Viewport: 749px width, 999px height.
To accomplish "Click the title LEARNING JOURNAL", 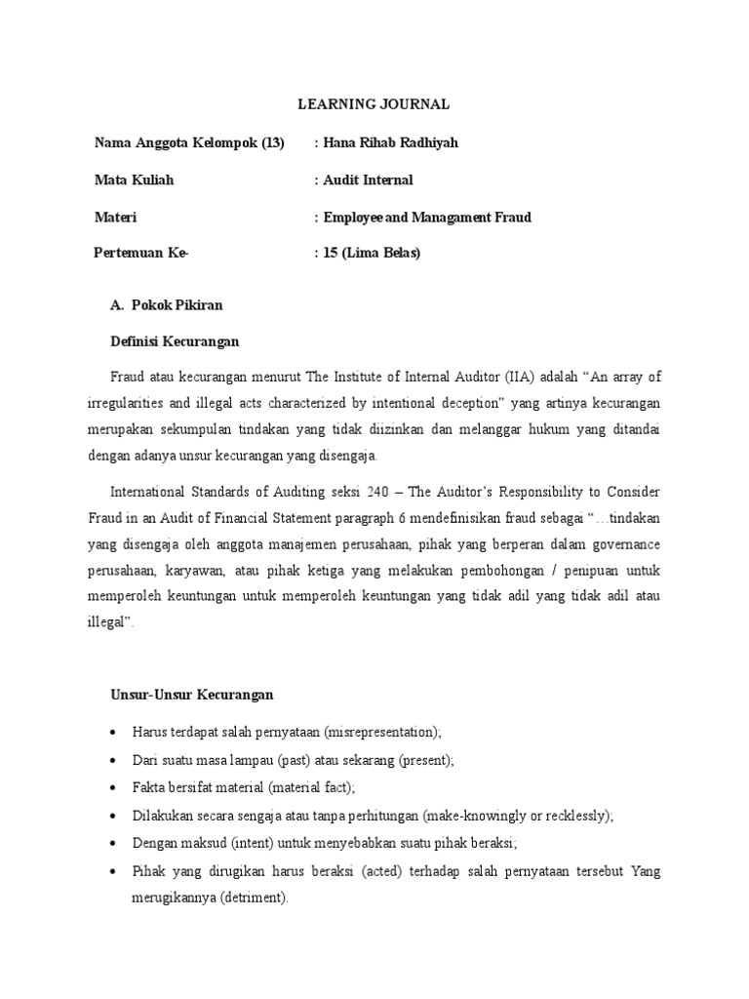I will pos(374,104).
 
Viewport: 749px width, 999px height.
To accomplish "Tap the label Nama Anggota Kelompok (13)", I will pos(189,143).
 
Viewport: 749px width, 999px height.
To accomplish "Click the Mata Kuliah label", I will pos(135,180).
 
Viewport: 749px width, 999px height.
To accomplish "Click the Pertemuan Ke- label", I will pos(141,254).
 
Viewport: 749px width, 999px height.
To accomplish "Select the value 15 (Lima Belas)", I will pos(370,254).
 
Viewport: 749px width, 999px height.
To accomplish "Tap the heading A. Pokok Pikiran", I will pos(167,305).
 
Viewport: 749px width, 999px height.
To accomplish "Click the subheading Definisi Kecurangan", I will pos(177,341).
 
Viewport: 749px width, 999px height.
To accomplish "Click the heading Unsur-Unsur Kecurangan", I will pos(191,696).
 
